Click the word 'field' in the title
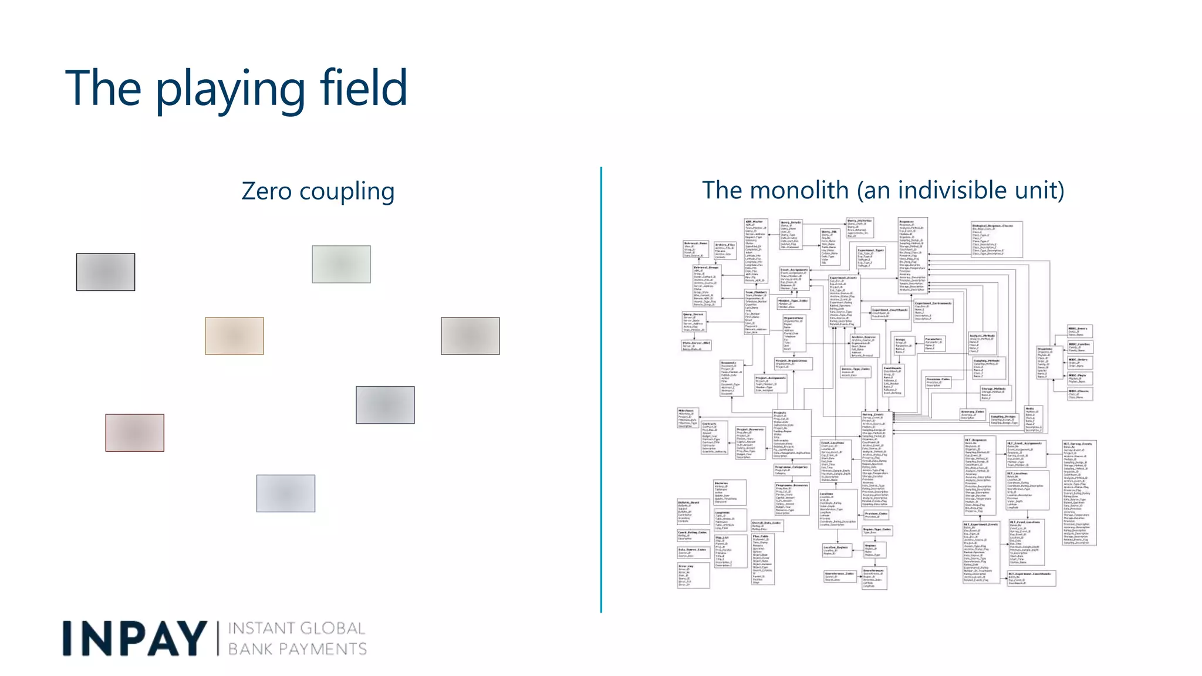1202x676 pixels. pyautogui.click(x=363, y=88)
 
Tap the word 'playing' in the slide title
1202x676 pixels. pyautogui.click(x=229, y=91)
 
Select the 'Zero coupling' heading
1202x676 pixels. pyautogui.click(x=318, y=191)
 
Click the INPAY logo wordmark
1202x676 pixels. pyautogui.click(x=134, y=638)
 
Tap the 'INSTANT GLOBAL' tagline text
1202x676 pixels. pyautogui.click(x=296, y=628)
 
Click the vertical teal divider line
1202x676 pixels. pyautogui.click(x=601, y=390)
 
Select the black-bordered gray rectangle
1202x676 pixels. pyautogui.click(x=106, y=272)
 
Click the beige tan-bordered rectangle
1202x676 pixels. pyautogui.click(x=234, y=336)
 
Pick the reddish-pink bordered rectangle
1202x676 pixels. pyautogui.click(x=134, y=432)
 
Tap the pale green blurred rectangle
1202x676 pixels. pyautogui.click(x=341, y=264)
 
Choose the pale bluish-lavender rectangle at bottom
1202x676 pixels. pyautogui.click(x=285, y=493)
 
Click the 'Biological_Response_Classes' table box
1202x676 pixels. pyautogui.click(x=996, y=239)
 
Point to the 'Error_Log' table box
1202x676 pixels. pyautogui.click(x=693, y=576)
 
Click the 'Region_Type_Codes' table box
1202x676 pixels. pyautogui.click(x=877, y=531)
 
